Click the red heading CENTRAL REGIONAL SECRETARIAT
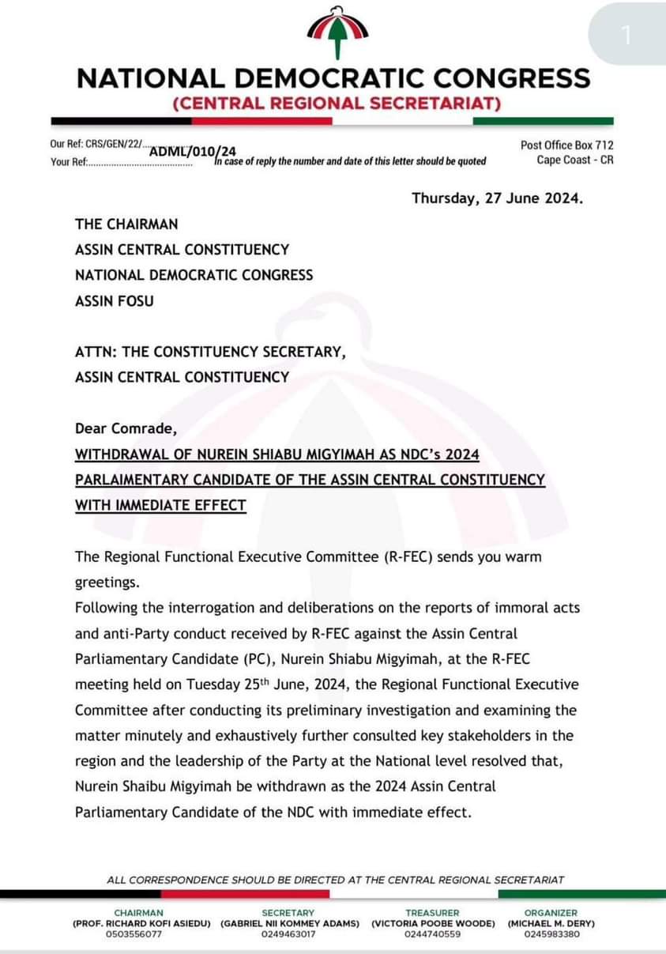tap(336, 104)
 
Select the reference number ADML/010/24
tap(193, 151)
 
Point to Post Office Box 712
tap(566, 145)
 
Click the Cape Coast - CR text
tap(574, 160)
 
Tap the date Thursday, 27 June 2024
tap(497, 198)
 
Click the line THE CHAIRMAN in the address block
tap(126, 224)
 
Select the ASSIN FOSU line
tap(115, 300)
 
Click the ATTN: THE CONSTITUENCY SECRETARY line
tap(210, 352)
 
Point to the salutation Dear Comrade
tap(126, 428)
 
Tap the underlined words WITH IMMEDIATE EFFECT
tap(160, 505)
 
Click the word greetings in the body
tap(107, 583)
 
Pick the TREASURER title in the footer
tap(432, 913)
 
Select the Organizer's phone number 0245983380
tap(551, 933)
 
